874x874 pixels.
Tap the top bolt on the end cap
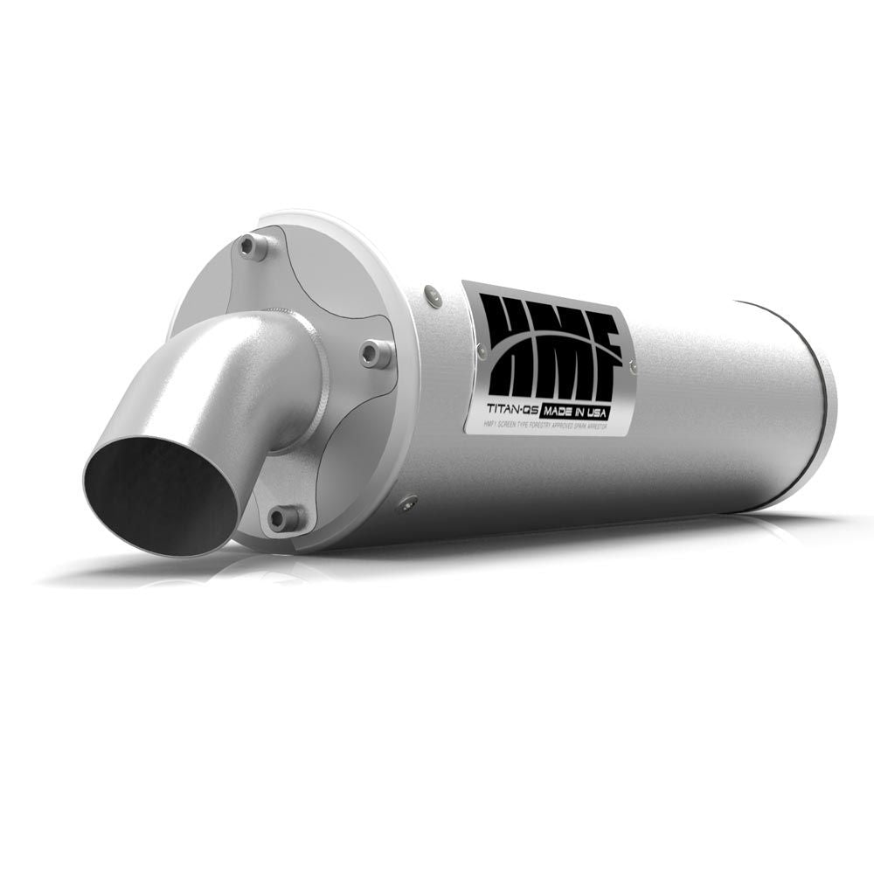[x=255, y=247]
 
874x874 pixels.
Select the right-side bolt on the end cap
[x=378, y=352]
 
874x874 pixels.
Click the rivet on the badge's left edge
[x=482, y=351]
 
